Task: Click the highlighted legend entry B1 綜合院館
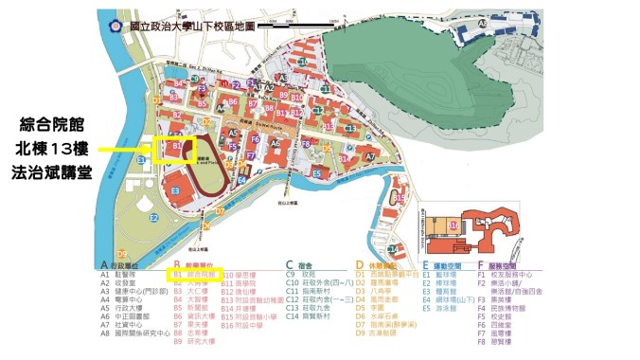[198, 273]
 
